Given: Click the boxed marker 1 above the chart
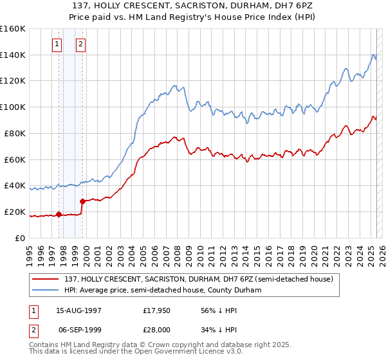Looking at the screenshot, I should pyautogui.click(x=57, y=44).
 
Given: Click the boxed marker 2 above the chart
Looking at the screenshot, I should pyautogui.click(x=80, y=44).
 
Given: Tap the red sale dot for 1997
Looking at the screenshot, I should pyautogui.click(x=59, y=214).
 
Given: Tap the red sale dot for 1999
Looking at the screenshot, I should pyautogui.click(x=82, y=201).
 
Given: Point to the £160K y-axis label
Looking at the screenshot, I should pyautogui.click(x=12, y=28).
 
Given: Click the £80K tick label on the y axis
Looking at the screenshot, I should pyautogui.click(x=14, y=133).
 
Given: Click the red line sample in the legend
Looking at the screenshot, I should pyautogui.click(x=46, y=279).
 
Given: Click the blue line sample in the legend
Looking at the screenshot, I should pyautogui.click(x=46, y=290).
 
